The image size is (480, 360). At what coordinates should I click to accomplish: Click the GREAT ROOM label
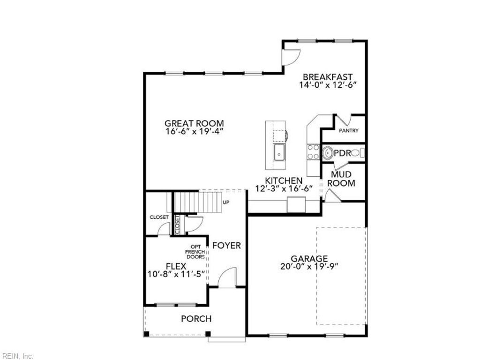coord(194,124)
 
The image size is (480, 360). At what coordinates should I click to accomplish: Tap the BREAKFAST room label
coord(328,77)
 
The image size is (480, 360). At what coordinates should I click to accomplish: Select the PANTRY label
coord(349,131)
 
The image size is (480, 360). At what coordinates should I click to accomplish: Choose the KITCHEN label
coord(284,181)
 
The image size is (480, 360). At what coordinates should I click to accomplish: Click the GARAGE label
coord(309,259)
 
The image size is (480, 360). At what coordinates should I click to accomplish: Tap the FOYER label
coord(227,246)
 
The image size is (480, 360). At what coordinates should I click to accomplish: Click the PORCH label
coord(196,319)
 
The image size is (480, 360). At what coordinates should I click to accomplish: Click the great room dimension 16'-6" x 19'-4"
coord(194,132)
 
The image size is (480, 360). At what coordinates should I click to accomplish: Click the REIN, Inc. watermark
coord(17,356)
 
